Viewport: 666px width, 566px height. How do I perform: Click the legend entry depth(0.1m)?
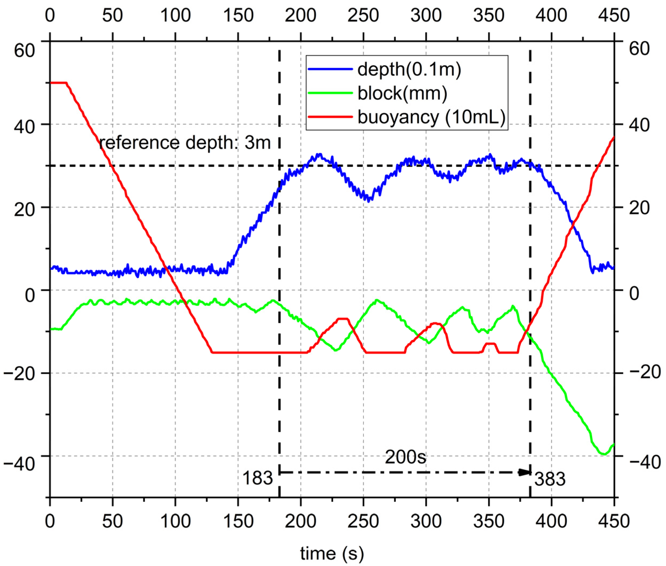409,69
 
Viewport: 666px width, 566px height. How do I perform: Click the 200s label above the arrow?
405,457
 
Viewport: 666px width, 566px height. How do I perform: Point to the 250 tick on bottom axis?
363,521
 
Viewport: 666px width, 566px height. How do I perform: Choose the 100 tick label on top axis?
175,15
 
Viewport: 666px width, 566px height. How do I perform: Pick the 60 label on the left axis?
24,51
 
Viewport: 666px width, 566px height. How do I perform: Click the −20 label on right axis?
645,372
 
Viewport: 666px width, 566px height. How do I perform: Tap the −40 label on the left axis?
18,464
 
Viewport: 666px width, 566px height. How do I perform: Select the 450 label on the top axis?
614,15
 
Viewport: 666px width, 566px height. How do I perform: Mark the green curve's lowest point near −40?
604,454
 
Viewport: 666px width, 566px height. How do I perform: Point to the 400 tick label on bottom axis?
551,521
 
